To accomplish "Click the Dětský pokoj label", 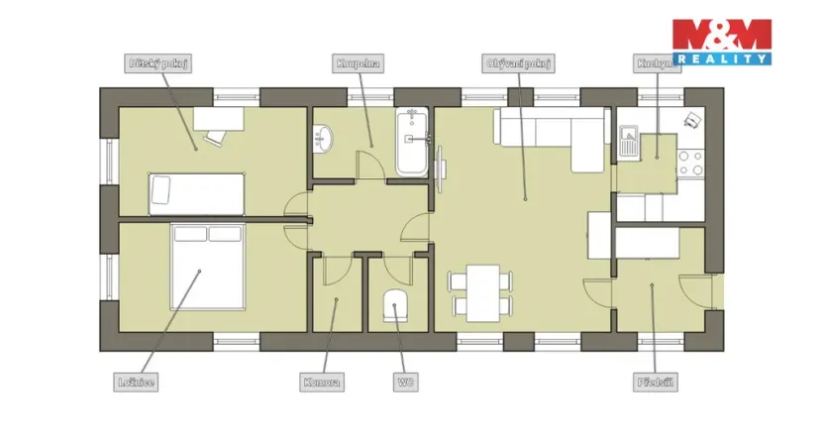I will tap(158, 63).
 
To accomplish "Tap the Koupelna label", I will tap(358, 63).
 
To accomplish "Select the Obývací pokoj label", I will tap(518, 63).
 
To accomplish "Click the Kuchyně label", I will tap(657, 63).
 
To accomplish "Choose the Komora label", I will tap(323, 381).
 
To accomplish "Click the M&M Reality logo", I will tap(721, 42).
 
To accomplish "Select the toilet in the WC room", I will tap(396, 305).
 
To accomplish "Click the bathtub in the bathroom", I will tap(412, 145).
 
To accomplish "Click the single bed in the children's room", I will tap(196, 193).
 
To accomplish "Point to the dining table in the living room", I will tap(482, 292).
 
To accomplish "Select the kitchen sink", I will tap(628, 140).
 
